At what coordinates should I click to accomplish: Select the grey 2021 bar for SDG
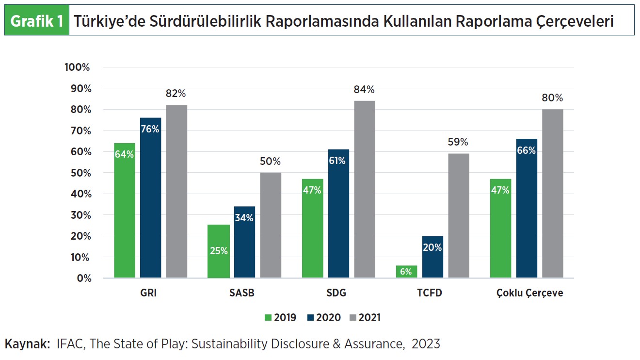[x=364, y=189]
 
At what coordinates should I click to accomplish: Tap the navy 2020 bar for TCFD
[x=432, y=257]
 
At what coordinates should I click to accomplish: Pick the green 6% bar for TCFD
[x=406, y=272]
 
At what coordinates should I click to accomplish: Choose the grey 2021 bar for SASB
[x=271, y=225]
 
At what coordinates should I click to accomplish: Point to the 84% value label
[x=364, y=90]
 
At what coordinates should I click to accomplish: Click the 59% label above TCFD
[x=458, y=142]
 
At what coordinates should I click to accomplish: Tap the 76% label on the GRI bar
[x=150, y=129]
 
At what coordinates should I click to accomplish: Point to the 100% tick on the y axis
[x=77, y=67]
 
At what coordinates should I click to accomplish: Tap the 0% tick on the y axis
[x=82, y=278]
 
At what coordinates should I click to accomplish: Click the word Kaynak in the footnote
[x=28, y=344]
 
